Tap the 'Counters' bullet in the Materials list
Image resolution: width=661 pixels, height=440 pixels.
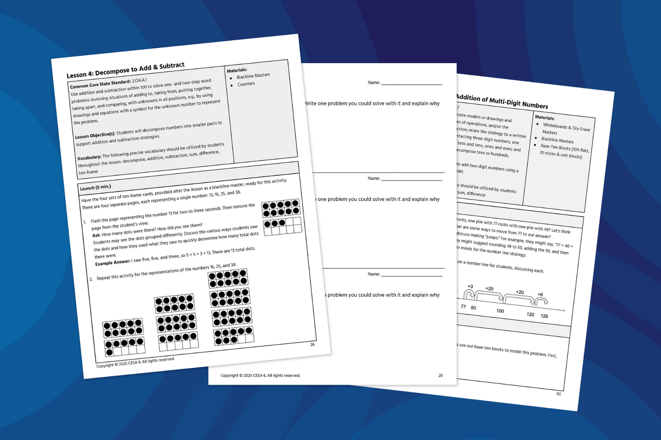point(246,84)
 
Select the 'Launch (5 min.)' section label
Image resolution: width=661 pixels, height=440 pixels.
point(96,188)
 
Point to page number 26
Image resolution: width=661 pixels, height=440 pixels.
point(312,345)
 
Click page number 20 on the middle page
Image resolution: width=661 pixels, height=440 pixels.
point(441,376)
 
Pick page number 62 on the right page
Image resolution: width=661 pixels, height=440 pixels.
point(559,394)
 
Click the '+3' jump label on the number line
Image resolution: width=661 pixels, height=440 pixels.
point(470,286)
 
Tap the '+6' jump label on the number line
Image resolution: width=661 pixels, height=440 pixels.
point(540,295)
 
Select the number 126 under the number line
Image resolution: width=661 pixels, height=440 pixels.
point(544,316)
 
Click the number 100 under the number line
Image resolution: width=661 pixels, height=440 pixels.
point(500,311)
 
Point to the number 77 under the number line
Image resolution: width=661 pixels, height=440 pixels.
point(463,307)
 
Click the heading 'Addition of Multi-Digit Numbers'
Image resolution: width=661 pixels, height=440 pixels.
point(501,101)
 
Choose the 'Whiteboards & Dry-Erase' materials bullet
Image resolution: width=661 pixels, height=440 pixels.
point(566,127)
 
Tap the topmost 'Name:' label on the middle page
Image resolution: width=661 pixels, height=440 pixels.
point(374,83)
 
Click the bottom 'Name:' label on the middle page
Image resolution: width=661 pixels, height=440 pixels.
point(374,274)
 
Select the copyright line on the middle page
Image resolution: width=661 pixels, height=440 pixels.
point(260,376)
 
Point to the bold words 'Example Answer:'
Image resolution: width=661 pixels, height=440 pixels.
point(113,263)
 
